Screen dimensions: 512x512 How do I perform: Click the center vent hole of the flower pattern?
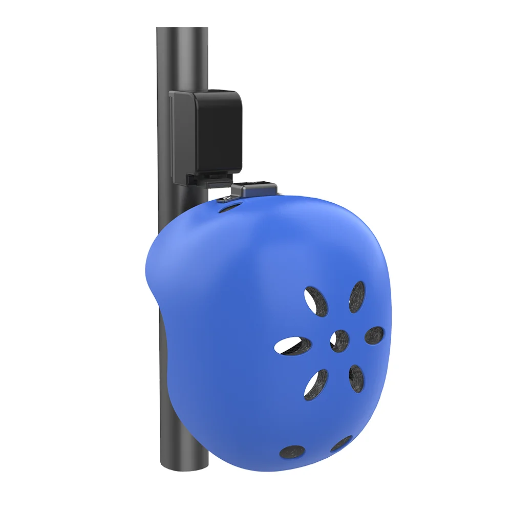pyautogui.click(x=339, y=340)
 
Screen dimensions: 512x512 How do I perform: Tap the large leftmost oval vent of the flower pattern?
pyautogui.click(x=293, y=346)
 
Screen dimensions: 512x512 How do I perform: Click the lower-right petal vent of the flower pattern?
pyautogui.click(x=356, y=378)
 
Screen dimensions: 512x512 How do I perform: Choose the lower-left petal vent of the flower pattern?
pyautogui.click(x=316, y=384)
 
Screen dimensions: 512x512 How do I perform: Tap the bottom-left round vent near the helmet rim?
pyautogui.click(x=292, y=451)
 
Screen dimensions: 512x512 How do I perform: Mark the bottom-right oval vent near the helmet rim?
pyautogui.click(x=342, y=443)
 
